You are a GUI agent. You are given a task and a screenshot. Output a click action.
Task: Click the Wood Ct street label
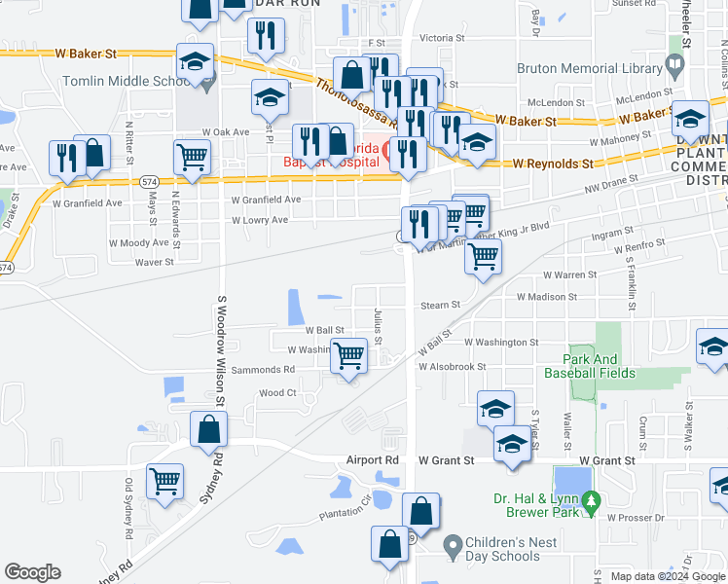[x=277, y=393]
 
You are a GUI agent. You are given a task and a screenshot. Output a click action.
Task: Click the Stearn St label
[x=440, y=305]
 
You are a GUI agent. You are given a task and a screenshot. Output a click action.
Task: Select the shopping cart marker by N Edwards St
[x=192, y=156]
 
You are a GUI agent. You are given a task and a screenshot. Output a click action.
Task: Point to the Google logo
[x=32, y=572]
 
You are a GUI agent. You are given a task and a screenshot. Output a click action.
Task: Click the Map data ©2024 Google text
[x=667, y=576]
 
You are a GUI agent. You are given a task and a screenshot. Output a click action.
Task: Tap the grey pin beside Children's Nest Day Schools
[x=452, y=545]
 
